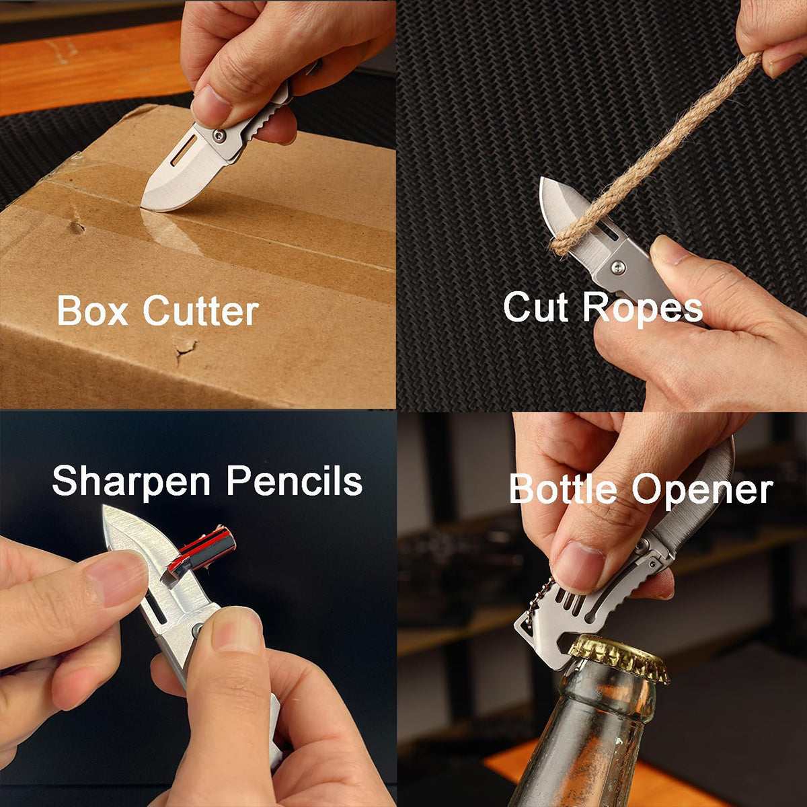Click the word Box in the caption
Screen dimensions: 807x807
(x=93, y=310)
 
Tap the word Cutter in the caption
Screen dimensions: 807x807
(x=201, y=310)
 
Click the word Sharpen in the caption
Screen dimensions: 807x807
(x=131, y=482)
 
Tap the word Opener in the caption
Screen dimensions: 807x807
(x=702, y=491)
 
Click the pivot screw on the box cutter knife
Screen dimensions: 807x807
(x=219, y=135)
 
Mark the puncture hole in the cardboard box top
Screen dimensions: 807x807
(x=77, y=227)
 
